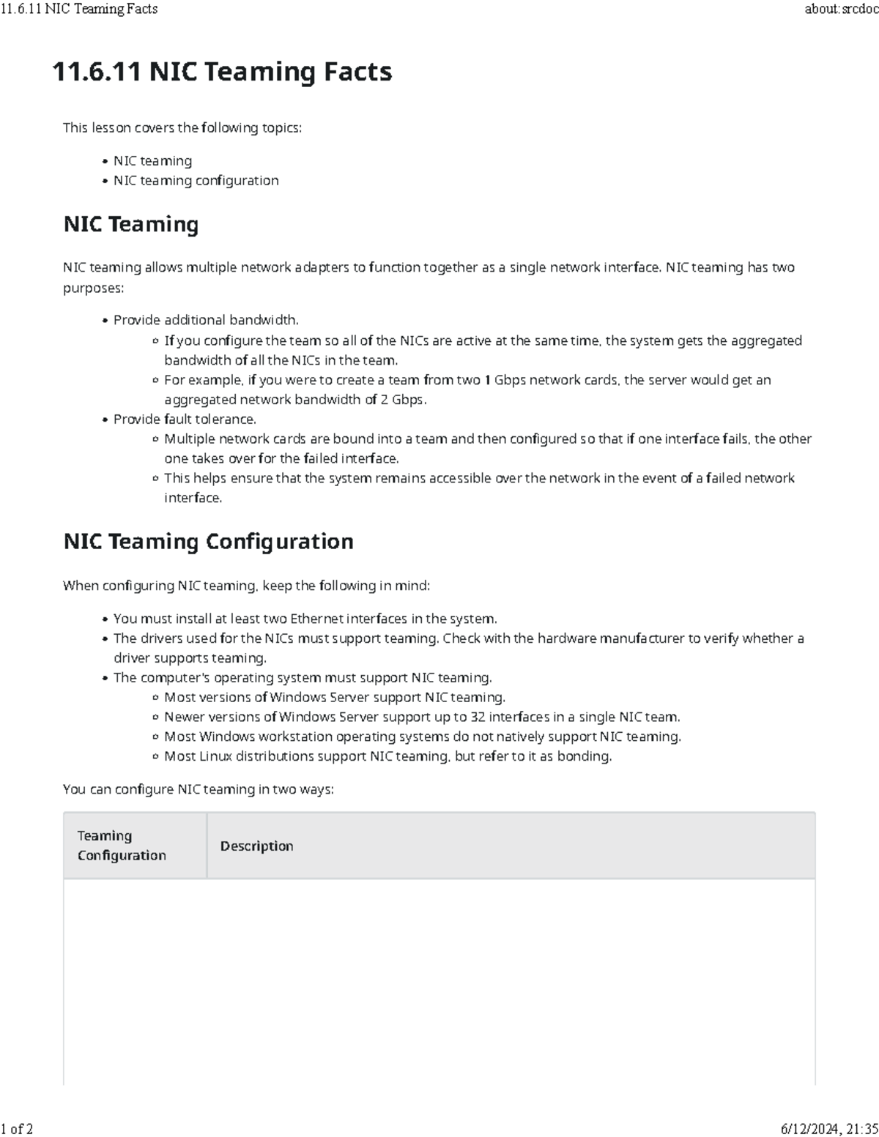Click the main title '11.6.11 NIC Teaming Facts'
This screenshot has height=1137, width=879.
point(222,72)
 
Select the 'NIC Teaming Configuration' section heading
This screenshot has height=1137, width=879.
point(208,541)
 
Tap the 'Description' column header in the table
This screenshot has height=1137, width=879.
point(256,846)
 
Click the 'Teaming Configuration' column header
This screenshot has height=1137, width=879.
point(122,845)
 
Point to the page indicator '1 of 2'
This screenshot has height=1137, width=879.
point(17,1128)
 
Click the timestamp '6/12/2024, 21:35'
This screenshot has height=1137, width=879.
point(829,1128)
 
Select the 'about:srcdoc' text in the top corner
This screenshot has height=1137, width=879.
point(841,9)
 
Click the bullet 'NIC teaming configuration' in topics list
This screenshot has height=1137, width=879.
point(196,180)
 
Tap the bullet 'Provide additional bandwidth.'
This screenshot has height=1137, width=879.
point(206,320)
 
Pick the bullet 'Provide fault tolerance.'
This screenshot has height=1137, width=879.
point(185,419)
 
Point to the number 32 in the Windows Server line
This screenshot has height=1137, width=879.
point(478,717)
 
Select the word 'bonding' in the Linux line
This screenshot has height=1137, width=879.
point(583,756)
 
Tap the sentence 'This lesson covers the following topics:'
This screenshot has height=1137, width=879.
point(182,127)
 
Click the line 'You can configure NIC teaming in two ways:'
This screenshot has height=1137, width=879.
point(198,789)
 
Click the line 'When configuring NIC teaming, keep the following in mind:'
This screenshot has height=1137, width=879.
point(246,586)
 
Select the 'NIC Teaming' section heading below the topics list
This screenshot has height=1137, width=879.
point(131,224)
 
